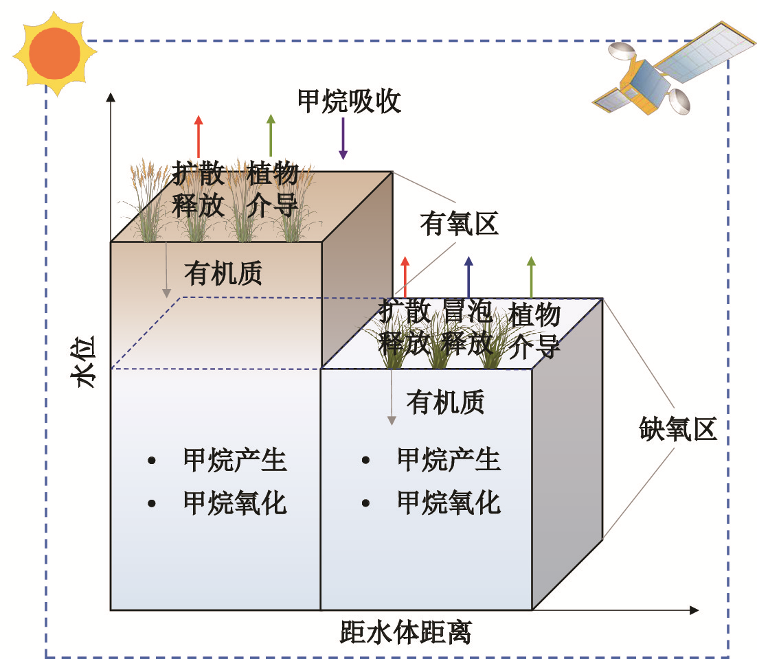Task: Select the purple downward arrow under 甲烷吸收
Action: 343,138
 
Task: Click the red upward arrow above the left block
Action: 199,137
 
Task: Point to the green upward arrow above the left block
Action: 271,137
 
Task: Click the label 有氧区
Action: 459,224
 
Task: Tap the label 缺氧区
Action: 677,430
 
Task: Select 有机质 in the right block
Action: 446,402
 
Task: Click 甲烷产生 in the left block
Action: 235,459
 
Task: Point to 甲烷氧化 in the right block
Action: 449,503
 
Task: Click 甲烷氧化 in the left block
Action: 235,503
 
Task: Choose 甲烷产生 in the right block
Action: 449,459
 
